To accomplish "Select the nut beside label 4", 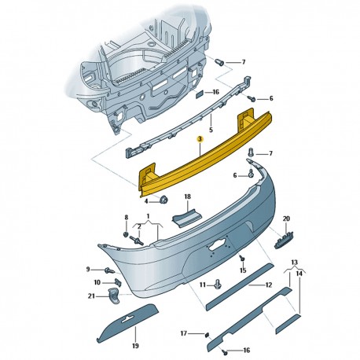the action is (164, 200).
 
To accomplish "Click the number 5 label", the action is (211, 129).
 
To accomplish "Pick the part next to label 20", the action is (284, 239).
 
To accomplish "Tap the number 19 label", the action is (135, 346).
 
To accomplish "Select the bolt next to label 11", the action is (218, 284).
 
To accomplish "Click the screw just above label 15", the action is (242, 259).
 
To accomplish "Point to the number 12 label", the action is (269, 285).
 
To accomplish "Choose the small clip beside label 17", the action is (207, 335).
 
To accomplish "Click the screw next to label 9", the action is (109, 270).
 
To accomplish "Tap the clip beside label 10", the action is (119, 283).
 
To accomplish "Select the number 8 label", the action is (127, 217).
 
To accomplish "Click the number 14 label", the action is (299, 274).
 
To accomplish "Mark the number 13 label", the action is (295, 262).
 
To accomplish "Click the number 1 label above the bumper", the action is (148, 216).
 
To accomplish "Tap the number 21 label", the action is (91, 296).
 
